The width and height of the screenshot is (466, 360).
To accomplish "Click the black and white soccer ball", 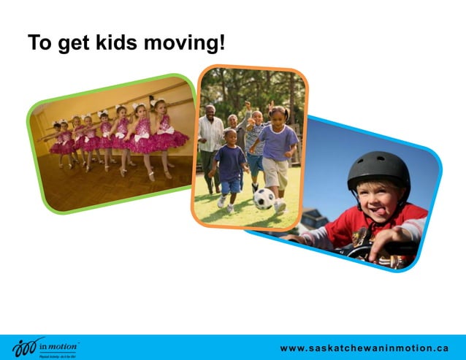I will [x=263, y=199].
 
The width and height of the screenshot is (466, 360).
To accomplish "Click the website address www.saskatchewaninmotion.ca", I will [x=364, y=348].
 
